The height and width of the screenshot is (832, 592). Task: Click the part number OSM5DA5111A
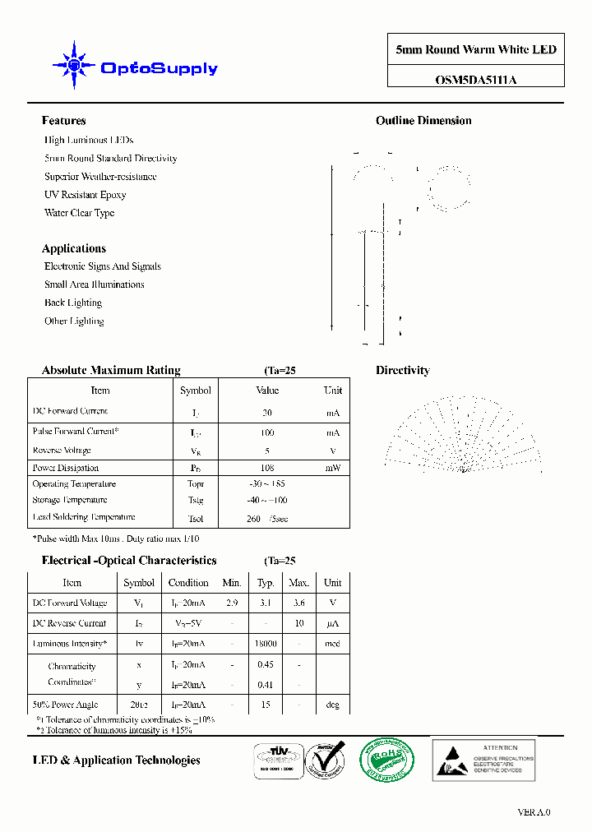[476, 80]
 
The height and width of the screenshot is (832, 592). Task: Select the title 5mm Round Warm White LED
[476, 49]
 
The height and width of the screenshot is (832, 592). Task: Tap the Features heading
[63, 121]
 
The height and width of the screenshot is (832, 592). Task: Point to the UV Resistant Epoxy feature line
[86, 195]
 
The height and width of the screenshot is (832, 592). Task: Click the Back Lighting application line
[73, 303]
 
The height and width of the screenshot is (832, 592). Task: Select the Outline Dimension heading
[423, 121]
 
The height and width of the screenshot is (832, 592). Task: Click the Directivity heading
[403, 371]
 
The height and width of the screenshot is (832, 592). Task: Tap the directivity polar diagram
[464, 434]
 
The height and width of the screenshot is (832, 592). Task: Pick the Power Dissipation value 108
[267, 468]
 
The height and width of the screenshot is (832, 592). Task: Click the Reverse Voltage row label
[62, 451]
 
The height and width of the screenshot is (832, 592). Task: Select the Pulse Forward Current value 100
[267, 432]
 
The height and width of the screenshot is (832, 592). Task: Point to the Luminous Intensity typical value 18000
[266, 644]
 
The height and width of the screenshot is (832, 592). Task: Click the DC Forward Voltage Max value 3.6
[299, 603]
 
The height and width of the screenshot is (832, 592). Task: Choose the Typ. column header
[266, 582]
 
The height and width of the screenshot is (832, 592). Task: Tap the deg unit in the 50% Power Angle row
[332, 705]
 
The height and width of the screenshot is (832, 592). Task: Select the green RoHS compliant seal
[386, 758]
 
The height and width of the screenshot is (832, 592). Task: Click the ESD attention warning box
[483, 758]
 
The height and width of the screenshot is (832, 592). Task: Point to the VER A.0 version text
[534, 812]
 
